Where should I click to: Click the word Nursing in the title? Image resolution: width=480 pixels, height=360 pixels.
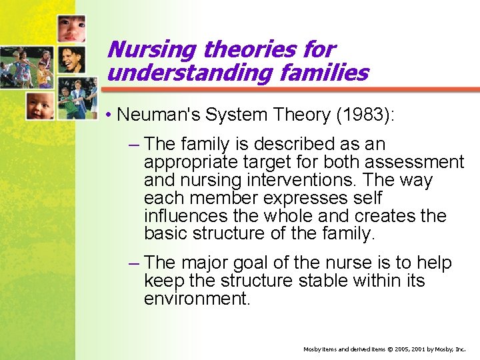[151, 50]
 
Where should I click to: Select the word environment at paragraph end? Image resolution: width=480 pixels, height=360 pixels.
[197, 299]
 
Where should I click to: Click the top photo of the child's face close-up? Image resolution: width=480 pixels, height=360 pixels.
[71, 29]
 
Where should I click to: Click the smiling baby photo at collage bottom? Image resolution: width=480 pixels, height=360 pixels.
[41, 105]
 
